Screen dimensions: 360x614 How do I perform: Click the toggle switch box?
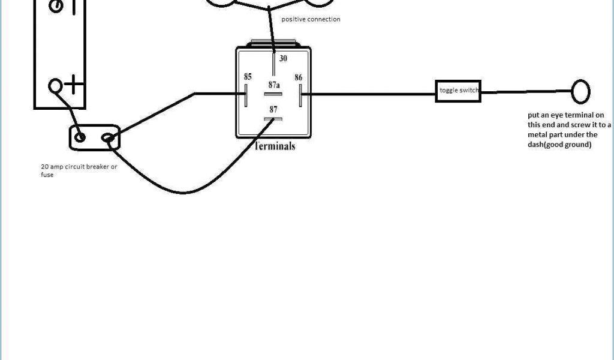tap(459, 91)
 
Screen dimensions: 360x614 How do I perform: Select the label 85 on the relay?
tap(248, 77)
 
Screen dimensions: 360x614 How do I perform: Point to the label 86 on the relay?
tap(298, 77)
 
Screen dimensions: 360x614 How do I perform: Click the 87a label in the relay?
tap(274, 85)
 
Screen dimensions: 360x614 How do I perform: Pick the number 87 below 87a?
tap(273, 109)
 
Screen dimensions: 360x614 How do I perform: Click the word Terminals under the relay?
tap(275, 146)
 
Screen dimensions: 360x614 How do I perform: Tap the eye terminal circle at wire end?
tap(580, 92)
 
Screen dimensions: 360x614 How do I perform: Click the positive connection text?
tap(311, 19)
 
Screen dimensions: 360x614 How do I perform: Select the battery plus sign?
tap(74, 86)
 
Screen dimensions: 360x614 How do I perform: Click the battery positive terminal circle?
tap(56, 85)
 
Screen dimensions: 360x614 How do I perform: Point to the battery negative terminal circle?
tap(56, 6)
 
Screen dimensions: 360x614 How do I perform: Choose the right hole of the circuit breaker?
tap(109, 139)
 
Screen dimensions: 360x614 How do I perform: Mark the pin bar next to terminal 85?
tap(246, 94)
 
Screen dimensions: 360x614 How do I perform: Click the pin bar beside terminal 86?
tap(300, 94)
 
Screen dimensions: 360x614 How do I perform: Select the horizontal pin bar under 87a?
tap(273, 94)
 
